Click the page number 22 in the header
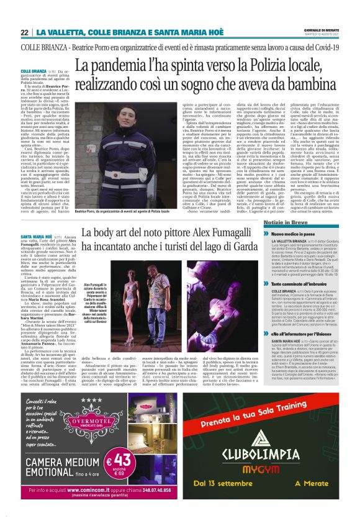(25, 32)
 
